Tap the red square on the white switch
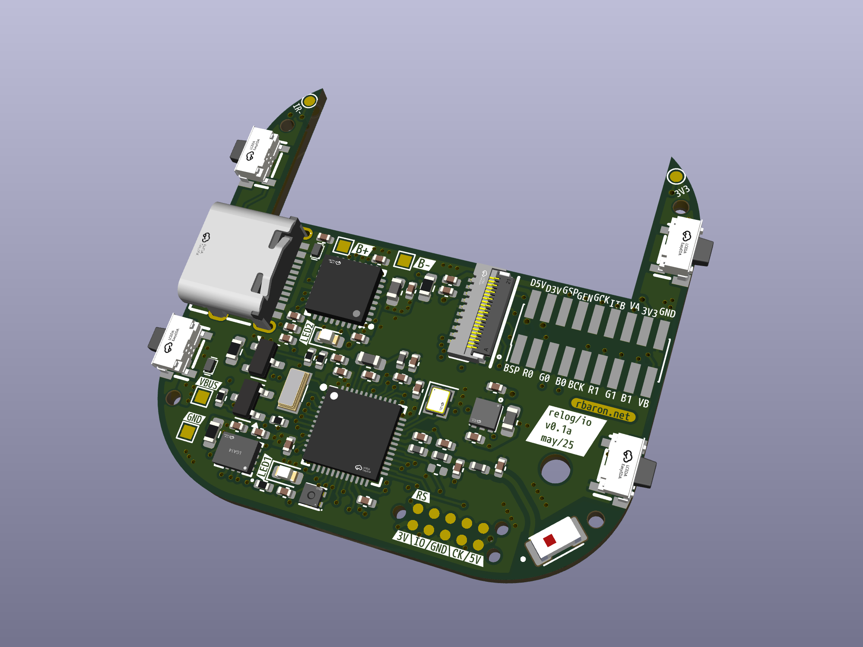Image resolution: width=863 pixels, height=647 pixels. point(549,540)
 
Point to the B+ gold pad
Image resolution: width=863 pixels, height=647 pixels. point(343,246)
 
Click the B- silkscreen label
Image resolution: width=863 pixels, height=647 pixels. point(423,264)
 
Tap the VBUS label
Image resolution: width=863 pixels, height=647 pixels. point(209,384)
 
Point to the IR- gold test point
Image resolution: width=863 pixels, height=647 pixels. point(309,101)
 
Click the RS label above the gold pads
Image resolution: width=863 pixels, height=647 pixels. point(421,496)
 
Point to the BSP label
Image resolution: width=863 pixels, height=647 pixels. point(511,369)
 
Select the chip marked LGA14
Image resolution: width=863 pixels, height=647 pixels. point(235,451)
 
